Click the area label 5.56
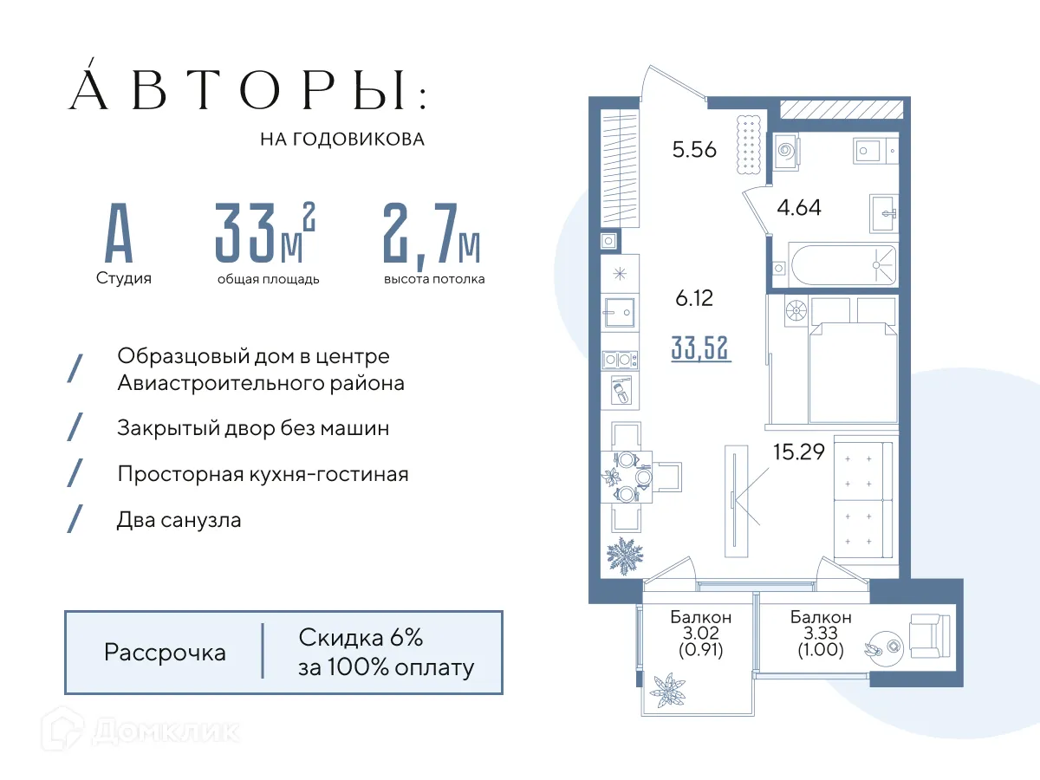click(694, 150)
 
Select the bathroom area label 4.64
click(798, 208)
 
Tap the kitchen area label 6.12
click(694, 298)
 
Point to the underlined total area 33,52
click(701, 348)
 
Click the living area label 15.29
click(798, 452)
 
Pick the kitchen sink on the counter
click(621, 309)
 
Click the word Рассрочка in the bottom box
click(165, 653)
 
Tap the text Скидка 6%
click(361, 639)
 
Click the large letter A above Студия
click(120, 234)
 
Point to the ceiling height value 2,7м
click(432, 234)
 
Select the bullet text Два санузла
click(179, 520)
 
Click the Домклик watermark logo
click(143, 733)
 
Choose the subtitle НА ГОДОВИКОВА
click(342, 140)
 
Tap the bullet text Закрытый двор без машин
click(253, 428)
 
